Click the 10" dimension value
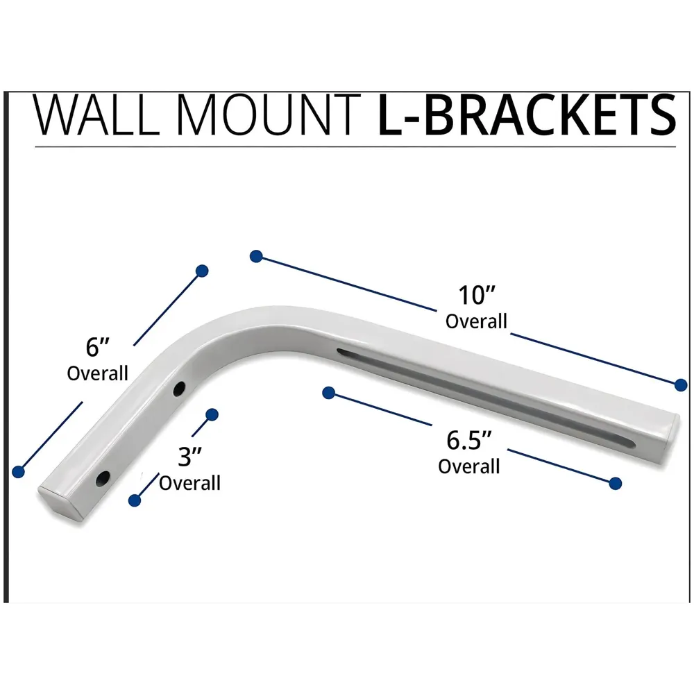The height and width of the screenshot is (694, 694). coord(475,295)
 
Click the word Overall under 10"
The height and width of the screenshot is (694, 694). coord(476,321)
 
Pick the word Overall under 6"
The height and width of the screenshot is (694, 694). coord(98,373)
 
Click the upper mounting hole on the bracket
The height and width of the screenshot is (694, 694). coord(179,388)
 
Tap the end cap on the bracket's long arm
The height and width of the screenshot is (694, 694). coord(669,429)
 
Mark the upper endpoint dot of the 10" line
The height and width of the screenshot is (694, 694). coord(256,256)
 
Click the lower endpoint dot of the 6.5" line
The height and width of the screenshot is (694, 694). coord(614,483)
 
